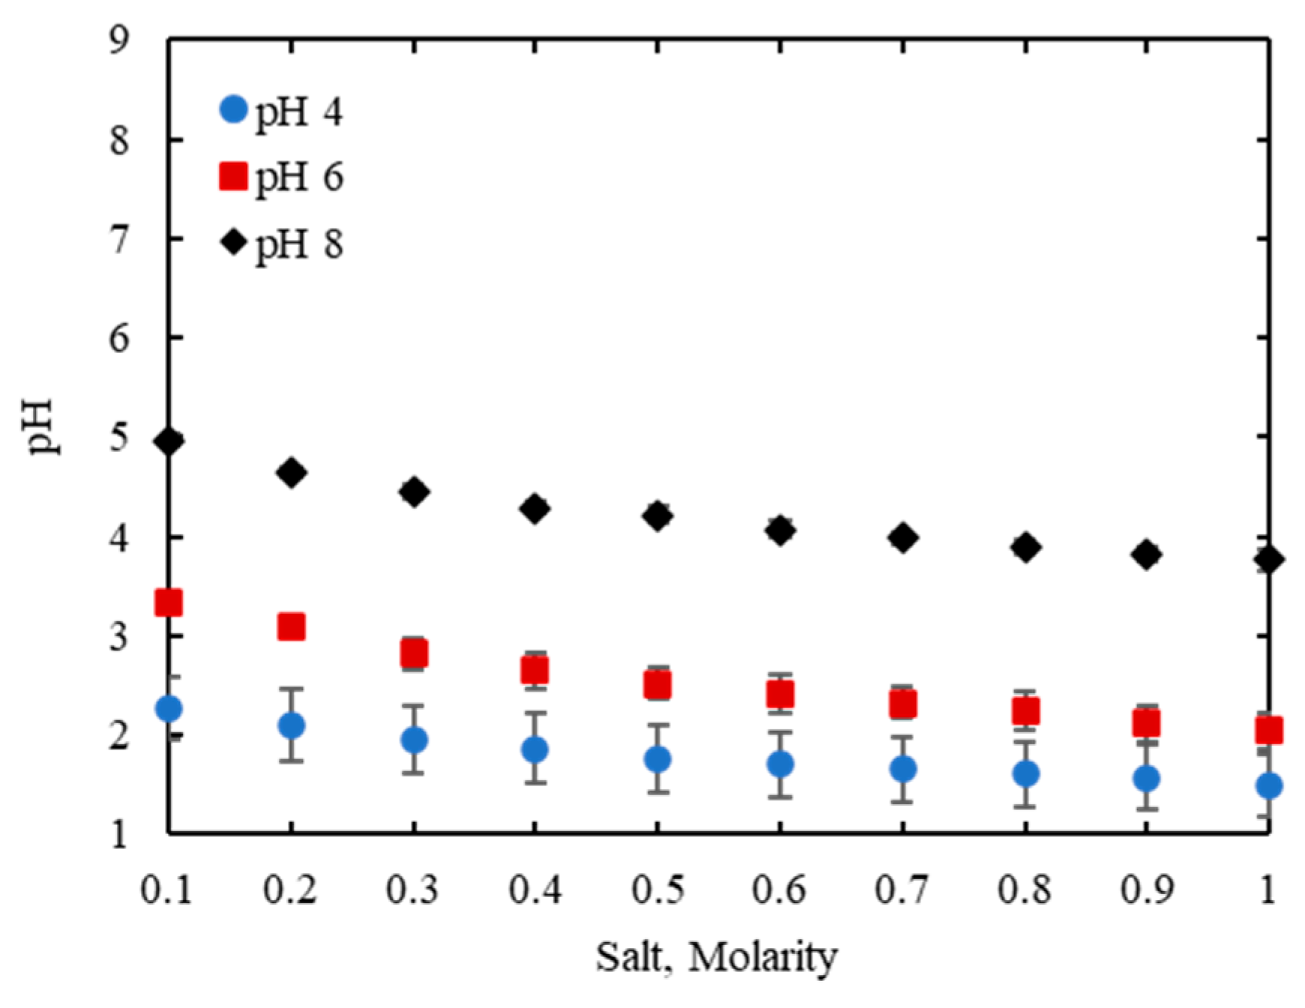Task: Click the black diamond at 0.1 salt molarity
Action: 169,441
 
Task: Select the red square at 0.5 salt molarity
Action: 657,684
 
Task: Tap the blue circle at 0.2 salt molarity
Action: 291,725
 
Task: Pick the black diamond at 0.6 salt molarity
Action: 780,531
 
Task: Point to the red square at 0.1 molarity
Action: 169,603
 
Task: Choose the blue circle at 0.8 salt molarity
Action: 1025,773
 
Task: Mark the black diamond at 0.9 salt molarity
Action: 1146,555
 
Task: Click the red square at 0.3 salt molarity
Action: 414,654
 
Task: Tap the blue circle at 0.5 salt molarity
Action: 657,759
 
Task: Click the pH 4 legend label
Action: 298,112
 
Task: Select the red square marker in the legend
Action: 233,177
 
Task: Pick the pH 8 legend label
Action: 298,244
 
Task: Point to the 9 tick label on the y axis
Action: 119,40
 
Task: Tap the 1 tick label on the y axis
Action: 119,834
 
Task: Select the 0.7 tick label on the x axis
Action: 902,891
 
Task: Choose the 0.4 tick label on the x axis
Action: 534,891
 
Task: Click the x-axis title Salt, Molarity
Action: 716,957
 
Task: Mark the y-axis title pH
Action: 43,427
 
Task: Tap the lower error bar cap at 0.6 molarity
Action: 780,797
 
